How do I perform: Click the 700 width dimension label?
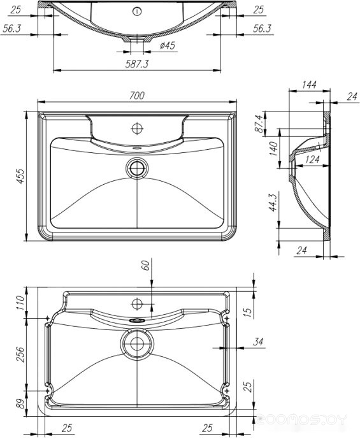137,96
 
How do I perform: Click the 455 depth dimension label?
20,176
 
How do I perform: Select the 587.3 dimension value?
137,64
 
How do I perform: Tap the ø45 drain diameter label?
168,45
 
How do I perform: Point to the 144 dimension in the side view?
309,84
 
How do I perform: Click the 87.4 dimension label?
259,124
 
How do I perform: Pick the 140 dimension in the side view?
273,148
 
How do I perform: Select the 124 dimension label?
312,159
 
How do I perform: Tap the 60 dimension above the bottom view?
145,264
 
